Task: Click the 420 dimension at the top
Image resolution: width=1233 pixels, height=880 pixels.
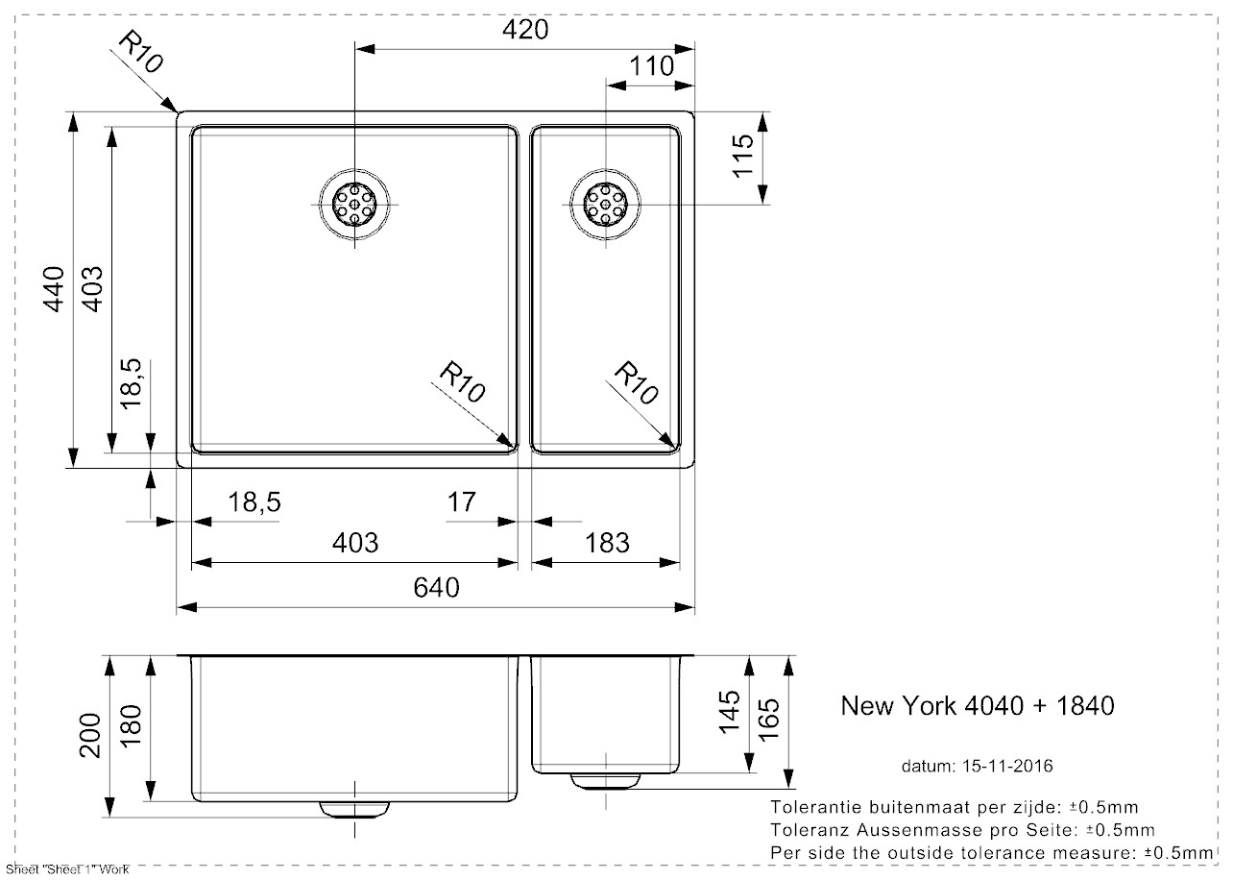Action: pyautogui.click(x=525, y=30)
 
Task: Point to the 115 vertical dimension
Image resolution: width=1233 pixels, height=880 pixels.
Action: pyautogui.click(x=742, y=156)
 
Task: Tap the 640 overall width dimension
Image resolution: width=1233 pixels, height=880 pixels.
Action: pyautogui.click(x=437, y=587)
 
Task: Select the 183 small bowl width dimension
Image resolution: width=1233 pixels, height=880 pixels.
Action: pyautogui.click(x=606, y=542)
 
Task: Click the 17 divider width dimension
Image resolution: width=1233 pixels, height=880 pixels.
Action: pyautogui.click(x=462, y=501)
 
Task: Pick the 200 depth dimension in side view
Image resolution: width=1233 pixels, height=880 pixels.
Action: pyautogui.click(x=89, y=735)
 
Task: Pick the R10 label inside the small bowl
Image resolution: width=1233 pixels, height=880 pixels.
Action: pyautogui.click(x=637, y=382)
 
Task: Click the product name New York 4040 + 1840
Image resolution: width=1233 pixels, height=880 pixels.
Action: pyautogui.click(x=977, y=706)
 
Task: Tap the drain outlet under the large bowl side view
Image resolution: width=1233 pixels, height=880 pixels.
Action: pyautogui.click(x=355, y=809)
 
